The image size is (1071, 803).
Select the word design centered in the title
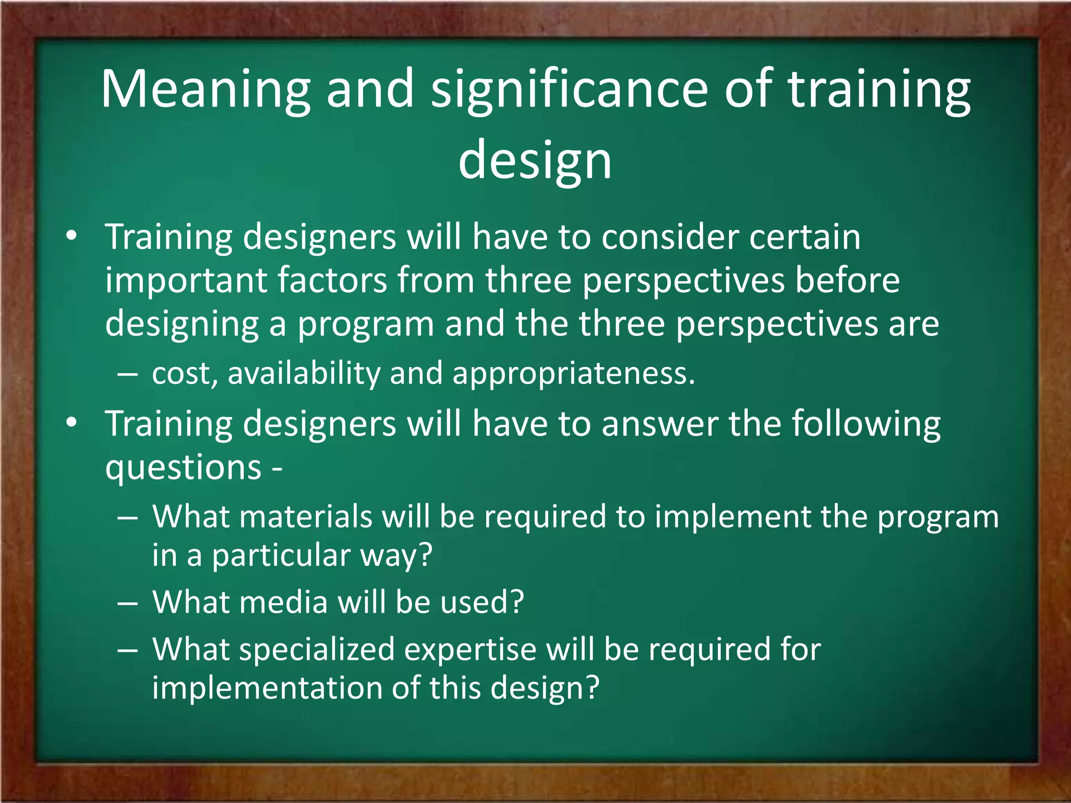point(535,160)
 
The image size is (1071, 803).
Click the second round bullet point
point(72,422)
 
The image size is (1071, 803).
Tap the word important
point(186,281)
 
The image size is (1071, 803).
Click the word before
point(847,280)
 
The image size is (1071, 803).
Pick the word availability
point(303,373)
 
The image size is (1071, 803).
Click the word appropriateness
point(573,374)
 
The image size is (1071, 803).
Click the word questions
point(183,467)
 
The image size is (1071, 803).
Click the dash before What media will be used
point(128,603)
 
